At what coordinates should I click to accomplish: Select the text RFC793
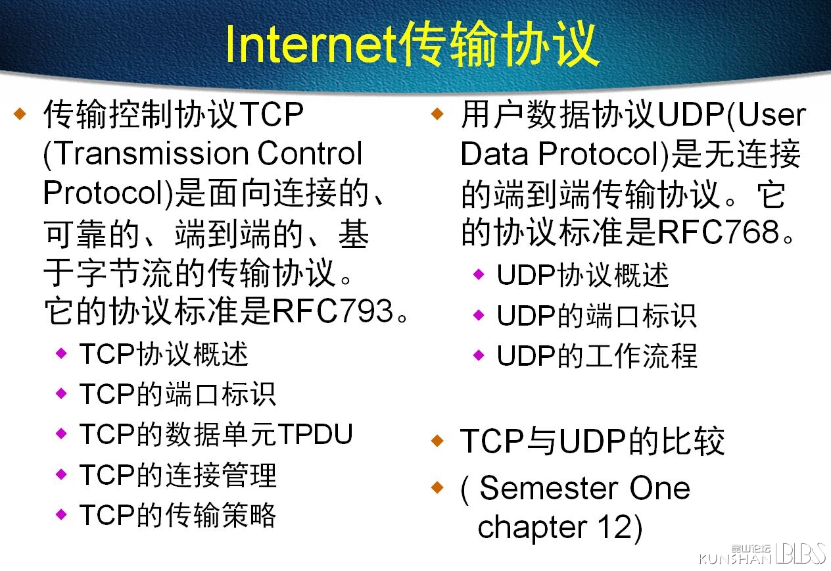click(333, 310)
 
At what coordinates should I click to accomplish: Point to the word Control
click(310, 153)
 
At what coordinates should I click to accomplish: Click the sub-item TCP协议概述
click(164, 354)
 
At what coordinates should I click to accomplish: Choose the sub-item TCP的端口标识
click(178, 394)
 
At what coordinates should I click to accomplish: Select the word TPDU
click(316, 434)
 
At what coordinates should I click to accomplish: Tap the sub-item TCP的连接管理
click(178, 474)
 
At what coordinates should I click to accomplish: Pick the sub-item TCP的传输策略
click(178, 515)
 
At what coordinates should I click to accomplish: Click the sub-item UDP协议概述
click(582, 275)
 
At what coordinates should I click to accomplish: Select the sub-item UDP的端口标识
click(596, 316)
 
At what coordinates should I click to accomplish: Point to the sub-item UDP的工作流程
click(596, 356)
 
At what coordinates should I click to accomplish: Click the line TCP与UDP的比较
click(592, 441)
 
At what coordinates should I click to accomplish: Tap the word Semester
click(549, 488)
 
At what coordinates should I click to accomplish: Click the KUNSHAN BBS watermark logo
click(762, 554)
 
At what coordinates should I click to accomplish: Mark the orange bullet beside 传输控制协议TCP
click(20, 114)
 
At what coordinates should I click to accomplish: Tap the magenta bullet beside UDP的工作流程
click(479, 355)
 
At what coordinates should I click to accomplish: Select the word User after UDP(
click(772, 115)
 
